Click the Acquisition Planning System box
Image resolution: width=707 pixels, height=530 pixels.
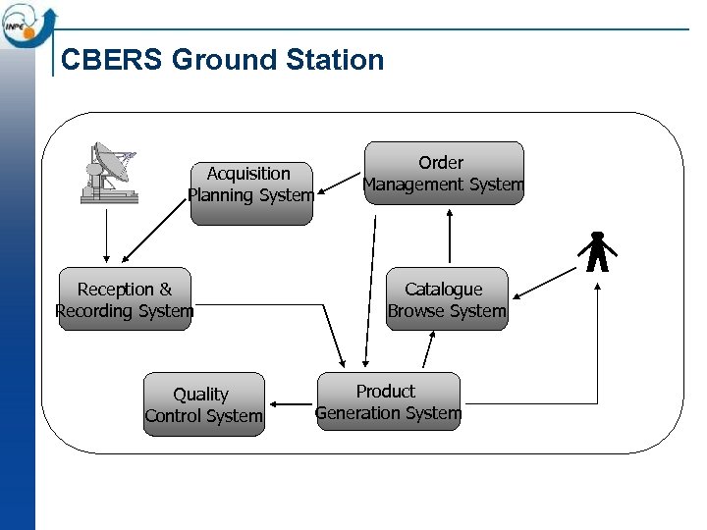[250, 185]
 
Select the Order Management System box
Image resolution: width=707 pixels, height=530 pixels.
[444, 174]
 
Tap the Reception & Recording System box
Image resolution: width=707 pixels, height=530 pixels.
[125, 299]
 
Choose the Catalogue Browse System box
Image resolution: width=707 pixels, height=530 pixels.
[447, 299]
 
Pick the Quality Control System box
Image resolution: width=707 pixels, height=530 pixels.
[203, 404]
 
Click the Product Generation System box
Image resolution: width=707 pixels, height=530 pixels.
[388, 401]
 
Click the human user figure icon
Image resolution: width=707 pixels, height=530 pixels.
[596, 252]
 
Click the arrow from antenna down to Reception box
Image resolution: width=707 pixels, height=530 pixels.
[107, 236]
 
